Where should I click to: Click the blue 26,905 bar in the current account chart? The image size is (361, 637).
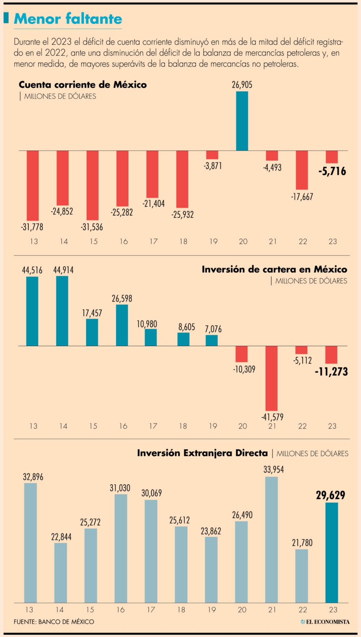[x=242, y=121]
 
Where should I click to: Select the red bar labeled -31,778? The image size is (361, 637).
[x=33, y=185]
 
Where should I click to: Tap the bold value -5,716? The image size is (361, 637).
[x=332, y=171]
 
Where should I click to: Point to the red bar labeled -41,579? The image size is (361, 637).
[x=271, y=378]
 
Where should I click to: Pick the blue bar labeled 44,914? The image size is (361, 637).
[x=62, y=311]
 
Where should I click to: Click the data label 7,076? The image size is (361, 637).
[x=213, y=329]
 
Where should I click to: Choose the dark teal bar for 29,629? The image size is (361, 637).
[x=332, y=553]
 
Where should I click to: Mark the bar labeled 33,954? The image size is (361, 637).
[x=271, y=540]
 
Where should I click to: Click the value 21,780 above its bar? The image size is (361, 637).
[x=302, y=543]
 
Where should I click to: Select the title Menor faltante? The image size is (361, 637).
[x=68, y=19]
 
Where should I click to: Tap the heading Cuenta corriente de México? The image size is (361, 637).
[x=83, y=85]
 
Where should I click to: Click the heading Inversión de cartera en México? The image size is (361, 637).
[x=274, y=269]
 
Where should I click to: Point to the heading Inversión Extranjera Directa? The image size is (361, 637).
[x=203, y=453]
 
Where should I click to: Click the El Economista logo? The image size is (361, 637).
[x=325, y=621]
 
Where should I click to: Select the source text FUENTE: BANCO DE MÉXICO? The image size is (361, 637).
[x=54, y=621]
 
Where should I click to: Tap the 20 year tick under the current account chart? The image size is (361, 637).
[x=243, y=241]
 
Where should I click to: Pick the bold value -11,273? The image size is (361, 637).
[x=331, y=372]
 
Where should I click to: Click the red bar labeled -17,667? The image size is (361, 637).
[x=302, y=170]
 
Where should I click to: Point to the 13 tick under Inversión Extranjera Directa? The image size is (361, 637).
[x=29, y=610]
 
